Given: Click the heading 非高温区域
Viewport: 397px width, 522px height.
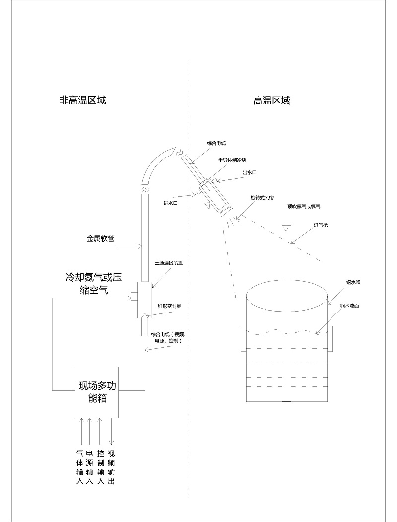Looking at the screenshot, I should (x=82, y=101).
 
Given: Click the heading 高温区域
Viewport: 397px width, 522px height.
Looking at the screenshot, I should (x=271, y=101).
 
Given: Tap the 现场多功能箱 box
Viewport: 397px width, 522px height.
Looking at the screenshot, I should (x=96, y=392).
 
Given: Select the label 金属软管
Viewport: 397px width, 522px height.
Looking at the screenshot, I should (x=101, y=238).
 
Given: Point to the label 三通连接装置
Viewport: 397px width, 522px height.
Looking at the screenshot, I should (x=169, y=263).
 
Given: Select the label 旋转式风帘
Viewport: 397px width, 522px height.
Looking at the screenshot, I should (x=262, y=197).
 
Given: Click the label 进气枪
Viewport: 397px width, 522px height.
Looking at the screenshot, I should (x=320, y=225).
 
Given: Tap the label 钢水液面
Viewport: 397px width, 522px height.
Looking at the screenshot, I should (x=350, y=306).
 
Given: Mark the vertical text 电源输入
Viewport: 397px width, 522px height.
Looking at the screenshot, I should (x=90, y=467).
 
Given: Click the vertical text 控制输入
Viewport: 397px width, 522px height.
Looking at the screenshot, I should (x=101, y=467).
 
